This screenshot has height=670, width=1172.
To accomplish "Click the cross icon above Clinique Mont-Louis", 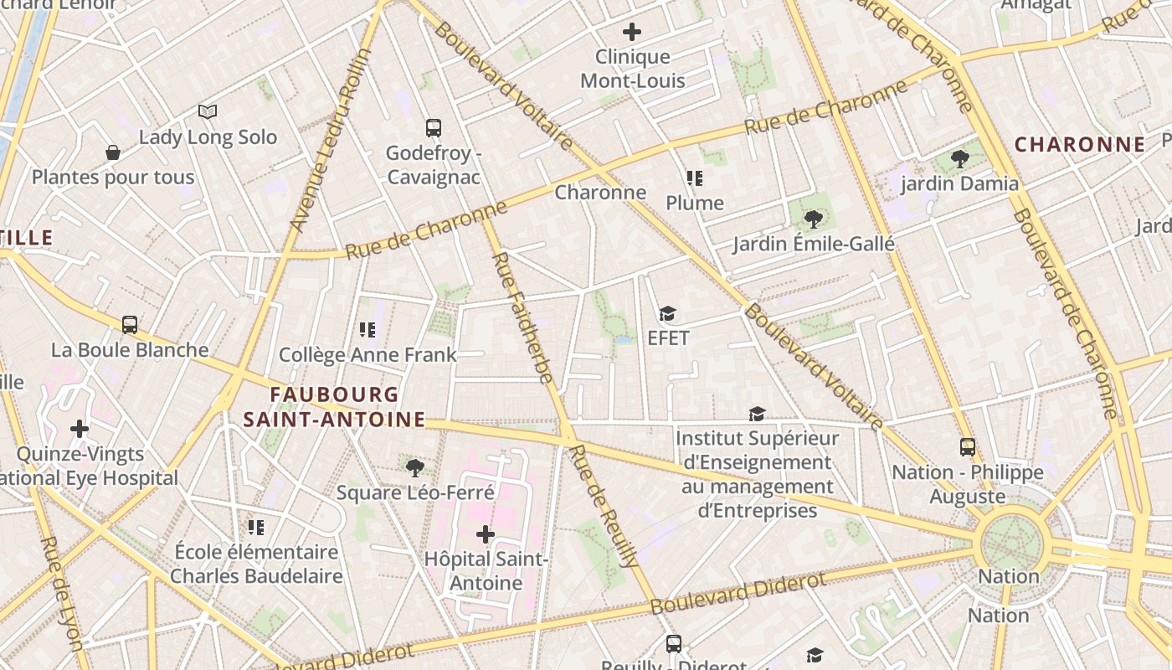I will tap(632, 33).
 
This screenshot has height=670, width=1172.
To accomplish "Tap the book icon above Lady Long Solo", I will tap(208, 111).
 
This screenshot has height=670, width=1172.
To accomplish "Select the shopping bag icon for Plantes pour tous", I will tap(113, 152).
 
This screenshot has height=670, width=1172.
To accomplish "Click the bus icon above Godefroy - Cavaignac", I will tap(433, 128).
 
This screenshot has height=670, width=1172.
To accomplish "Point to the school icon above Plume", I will tap(694, 178).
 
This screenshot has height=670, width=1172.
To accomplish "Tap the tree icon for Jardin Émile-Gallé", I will tap(812, 219).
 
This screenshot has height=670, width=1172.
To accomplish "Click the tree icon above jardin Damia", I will tap(959, 159).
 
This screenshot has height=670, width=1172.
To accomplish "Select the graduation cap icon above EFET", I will tap(667, 314).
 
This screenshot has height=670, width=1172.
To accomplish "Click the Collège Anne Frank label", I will tap(368, 355).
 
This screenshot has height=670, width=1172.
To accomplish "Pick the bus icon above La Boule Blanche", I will tap(130, 325).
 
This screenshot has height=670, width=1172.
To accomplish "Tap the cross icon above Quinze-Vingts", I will tap(80, 430).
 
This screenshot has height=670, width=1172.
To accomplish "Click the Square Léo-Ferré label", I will tap(415, 492).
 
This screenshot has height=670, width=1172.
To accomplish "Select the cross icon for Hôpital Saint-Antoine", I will tap(486, 534).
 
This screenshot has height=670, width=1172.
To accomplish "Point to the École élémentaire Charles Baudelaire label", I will tap(256, 564).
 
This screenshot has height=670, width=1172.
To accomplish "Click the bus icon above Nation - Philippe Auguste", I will tap(968, 447).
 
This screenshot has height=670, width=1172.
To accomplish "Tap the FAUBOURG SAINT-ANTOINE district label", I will tap(334, 407).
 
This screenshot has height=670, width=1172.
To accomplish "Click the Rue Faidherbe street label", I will tap(523, 318).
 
